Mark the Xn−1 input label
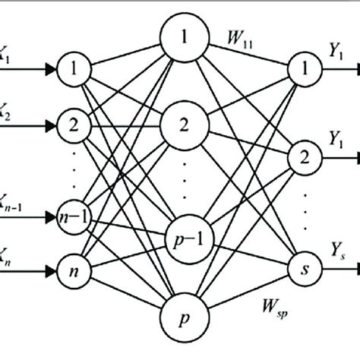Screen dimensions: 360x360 8,197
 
